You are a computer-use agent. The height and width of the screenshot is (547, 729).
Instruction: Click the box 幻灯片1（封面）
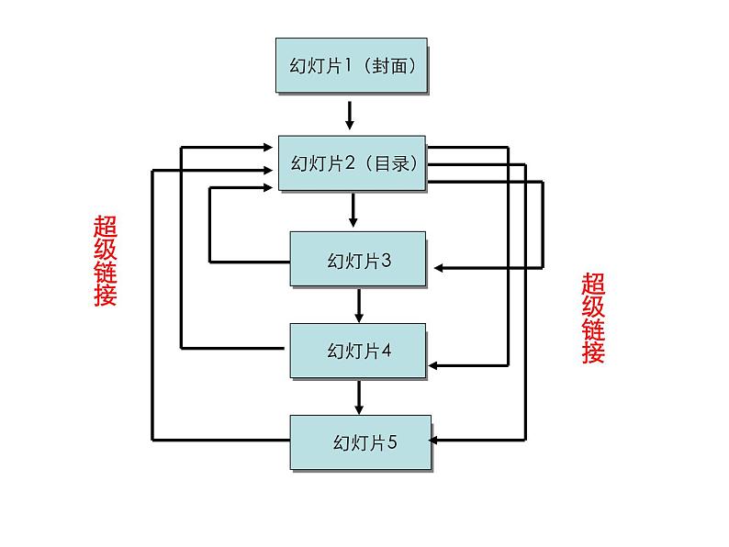(x=352, y=65)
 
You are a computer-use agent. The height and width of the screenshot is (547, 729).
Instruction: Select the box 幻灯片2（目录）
(x=353, y=163)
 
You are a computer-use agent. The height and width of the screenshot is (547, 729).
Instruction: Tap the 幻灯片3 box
(x=358, y=260)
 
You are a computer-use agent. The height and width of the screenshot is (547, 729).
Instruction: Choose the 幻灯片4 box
(x=358, y=351)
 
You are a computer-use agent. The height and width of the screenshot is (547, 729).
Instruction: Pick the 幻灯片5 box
(x=360, y=442)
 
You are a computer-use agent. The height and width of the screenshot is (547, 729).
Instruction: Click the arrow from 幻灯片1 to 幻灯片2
(x=350, y=114)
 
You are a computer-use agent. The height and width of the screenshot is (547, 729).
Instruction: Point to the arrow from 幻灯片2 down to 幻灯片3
(x=353, y=210)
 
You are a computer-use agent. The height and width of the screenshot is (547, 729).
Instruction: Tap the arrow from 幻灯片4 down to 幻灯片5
(x=359, y=396)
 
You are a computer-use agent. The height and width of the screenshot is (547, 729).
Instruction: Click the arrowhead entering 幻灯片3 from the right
(x=441, y=267)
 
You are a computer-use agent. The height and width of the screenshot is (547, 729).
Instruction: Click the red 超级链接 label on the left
(x=106, y=261)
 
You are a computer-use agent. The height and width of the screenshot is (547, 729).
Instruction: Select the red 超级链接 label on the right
(x=593, y=318)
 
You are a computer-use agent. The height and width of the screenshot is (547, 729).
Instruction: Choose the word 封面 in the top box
(x=394, y=66)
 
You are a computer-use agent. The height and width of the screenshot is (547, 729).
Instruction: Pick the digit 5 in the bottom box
(x=392, y=442)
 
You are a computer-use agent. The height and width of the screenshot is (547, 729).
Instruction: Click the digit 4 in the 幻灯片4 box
(x=387, y=351)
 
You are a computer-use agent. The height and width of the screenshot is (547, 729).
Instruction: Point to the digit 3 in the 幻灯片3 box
(x=387, y=261)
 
